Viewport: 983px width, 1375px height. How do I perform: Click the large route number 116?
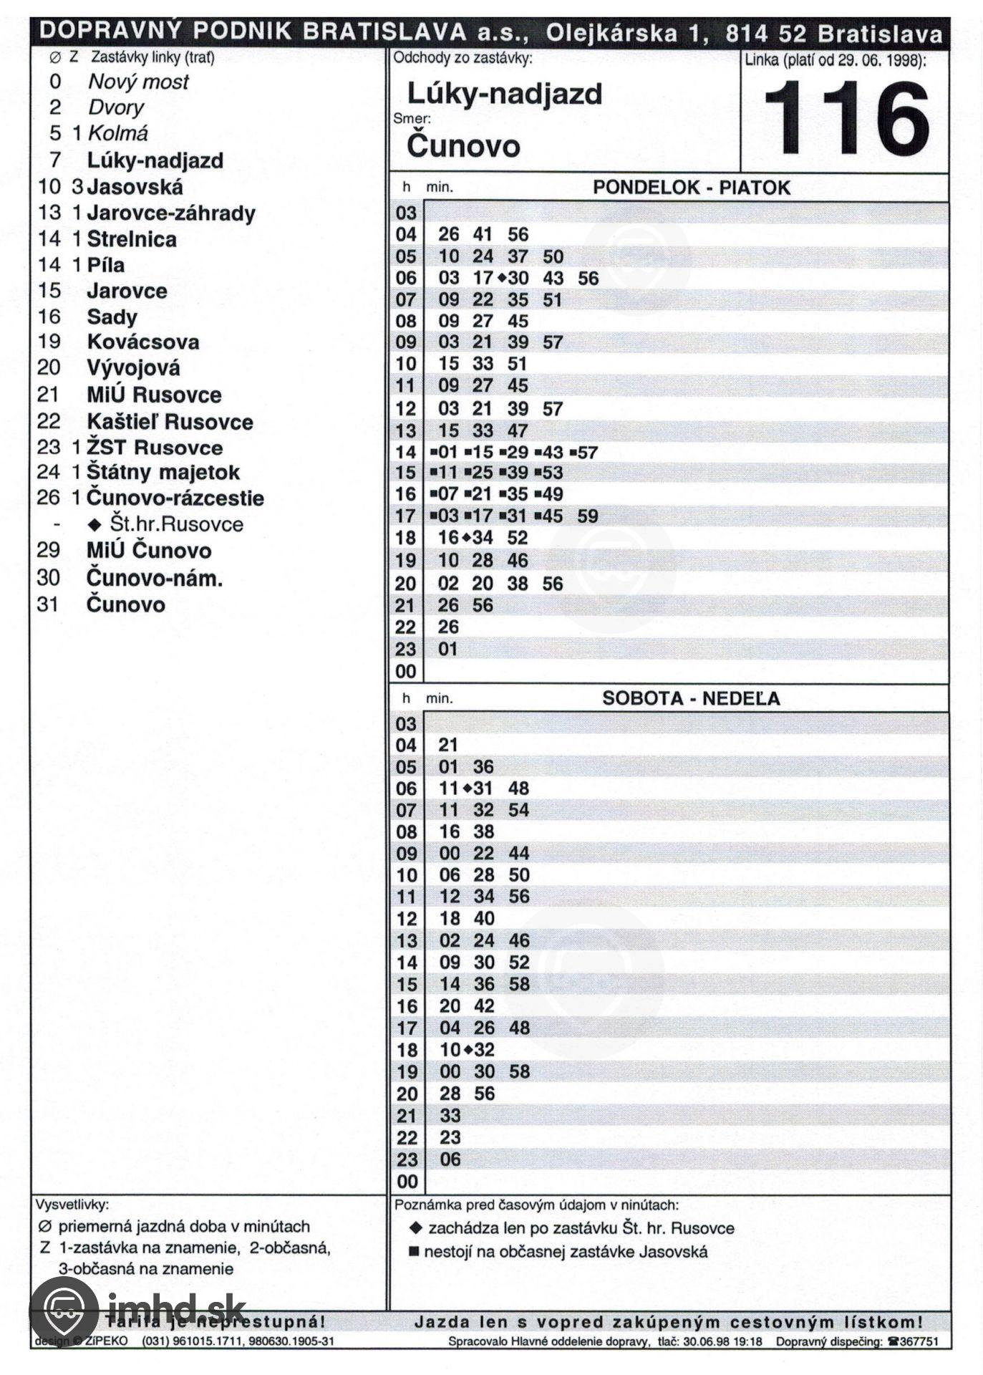846,119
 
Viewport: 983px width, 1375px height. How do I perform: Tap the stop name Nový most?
138,82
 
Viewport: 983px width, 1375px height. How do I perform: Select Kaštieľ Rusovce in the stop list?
170,421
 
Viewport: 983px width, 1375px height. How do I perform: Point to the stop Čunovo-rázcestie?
175,498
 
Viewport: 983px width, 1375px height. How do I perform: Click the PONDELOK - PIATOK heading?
691,188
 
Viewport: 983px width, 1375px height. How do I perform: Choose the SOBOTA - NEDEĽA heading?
691,698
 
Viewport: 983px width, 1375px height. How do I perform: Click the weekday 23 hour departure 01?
448,649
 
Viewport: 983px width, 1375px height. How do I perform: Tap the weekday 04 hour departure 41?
483,234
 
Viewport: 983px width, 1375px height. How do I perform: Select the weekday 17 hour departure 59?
587,516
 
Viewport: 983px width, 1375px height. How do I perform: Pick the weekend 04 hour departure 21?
448,745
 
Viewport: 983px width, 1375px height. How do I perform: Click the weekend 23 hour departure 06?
450,1159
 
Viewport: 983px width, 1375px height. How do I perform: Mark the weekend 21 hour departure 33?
450,1115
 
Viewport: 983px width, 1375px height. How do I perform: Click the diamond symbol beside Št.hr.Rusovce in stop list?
95,524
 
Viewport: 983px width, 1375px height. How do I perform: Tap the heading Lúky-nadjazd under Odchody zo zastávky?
505,93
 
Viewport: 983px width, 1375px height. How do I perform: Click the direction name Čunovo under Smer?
463,146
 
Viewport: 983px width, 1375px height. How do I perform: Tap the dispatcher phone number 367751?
919,1341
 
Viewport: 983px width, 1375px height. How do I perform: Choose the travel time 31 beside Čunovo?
47,604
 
